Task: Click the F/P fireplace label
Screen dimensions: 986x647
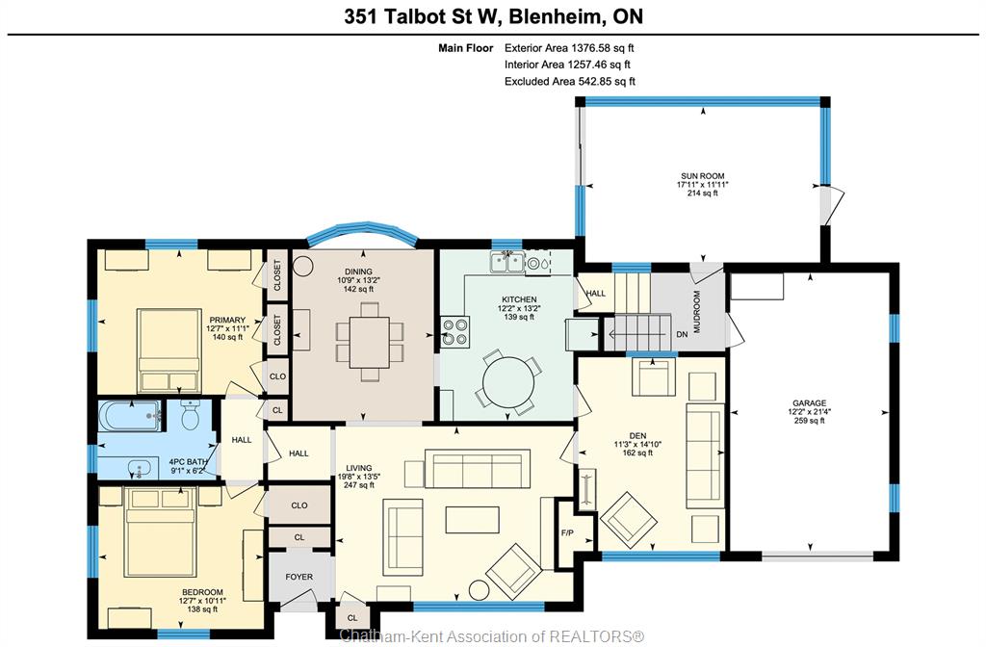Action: tap(567, 533)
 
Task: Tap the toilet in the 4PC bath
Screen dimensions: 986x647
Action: tap(190, 414)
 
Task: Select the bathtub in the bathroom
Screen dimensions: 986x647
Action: tap(129, 416)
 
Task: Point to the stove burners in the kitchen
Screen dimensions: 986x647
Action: tap(455, 331)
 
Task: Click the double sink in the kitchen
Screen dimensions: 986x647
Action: tap(507, 262)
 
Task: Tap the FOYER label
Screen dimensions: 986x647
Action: tap(299, 577)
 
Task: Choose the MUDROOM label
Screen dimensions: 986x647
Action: tap(697, 311)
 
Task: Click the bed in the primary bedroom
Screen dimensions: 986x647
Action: tap(169, 350)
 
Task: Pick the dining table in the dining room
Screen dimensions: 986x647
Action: tap(371, 342)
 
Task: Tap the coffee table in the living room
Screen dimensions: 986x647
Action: tap(472, 520)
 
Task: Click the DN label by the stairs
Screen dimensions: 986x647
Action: tap(683, 334)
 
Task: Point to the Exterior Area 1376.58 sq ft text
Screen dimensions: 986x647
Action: tap(569, 48)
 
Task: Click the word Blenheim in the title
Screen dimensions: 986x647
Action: tap(553, 16)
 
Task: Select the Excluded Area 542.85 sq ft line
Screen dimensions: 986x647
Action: tap(570, 81)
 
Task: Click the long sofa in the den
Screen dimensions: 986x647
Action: tap(705, 455)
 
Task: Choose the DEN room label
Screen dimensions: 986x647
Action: tap(637, 435)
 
